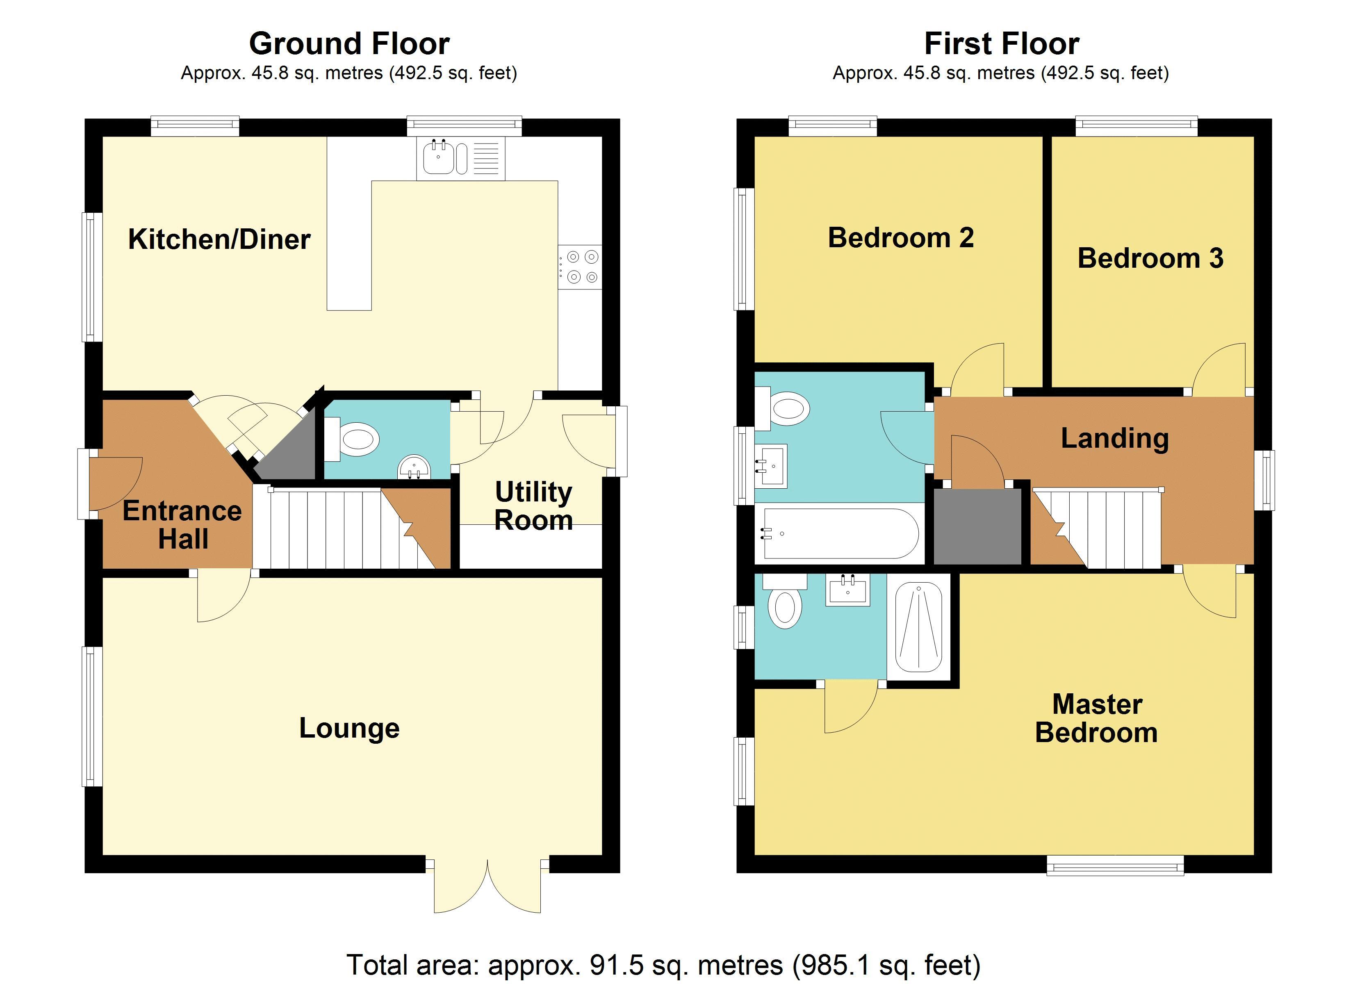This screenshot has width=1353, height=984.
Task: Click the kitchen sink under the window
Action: coord(460,158)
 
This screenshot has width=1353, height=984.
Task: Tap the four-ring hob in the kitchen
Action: coord(580,267)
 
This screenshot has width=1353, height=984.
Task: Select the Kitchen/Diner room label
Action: coord(219,239)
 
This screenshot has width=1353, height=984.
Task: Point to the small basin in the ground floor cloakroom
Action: coord(414,467)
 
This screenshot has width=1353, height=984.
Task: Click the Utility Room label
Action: coord(533,506)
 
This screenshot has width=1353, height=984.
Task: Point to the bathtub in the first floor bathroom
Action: coord(840,533)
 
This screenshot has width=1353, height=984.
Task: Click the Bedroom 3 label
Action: coord(1150,258)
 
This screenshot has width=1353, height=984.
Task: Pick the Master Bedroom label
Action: coord(1096,718)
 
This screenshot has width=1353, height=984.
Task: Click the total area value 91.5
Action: coord(616,965)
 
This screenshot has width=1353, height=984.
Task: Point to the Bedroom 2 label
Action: coord(901,238)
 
